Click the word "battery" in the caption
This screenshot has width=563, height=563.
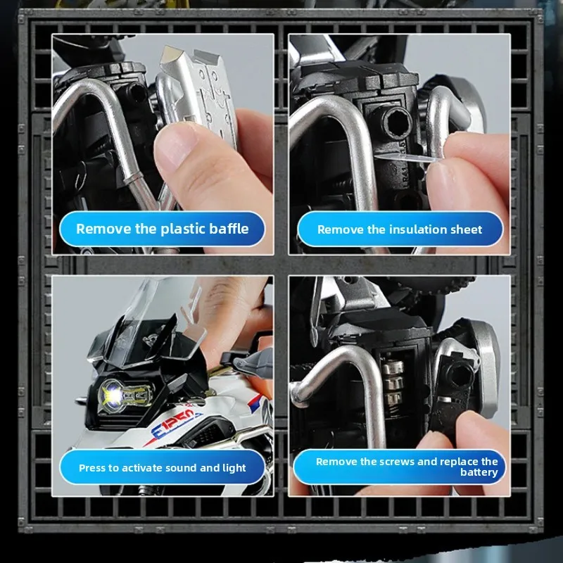pyautogui.click(x=479, y=472)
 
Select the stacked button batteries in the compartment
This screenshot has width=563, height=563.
pyautogui.click(x=393, y=384)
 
